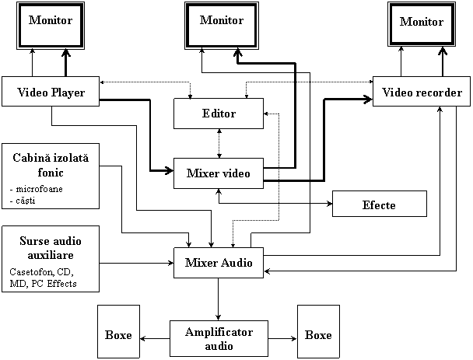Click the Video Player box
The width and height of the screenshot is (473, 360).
coord(51,93)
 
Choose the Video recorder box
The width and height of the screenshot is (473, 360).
coord(422,93)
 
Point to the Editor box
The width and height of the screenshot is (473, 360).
coord(219,114)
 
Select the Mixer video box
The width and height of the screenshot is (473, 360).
coord(219,173)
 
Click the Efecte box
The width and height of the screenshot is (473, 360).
coord(379,204)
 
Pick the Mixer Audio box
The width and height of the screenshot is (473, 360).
coord(219,263)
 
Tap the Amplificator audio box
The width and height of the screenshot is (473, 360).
coord(219,338)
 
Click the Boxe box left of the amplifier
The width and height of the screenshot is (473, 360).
coord(118,335)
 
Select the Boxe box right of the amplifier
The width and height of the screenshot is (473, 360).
coord(317,335)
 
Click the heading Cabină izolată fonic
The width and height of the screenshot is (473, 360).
coord(51,165)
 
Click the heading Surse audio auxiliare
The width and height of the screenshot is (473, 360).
coord(51,248)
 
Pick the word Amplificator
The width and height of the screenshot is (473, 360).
coord(219,332)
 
